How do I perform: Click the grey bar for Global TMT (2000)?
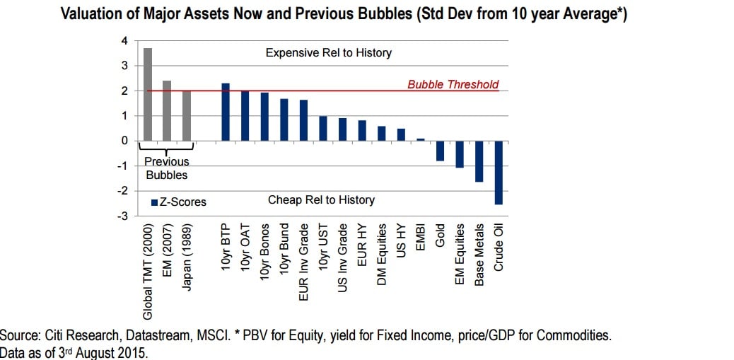tap(148, 94)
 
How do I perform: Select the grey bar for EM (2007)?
tap(168, 110)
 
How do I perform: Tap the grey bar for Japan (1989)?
tap(187, 115)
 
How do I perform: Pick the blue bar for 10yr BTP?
tap(226, 112)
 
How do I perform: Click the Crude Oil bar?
tap(499, 173)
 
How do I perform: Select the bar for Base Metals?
tap(479, 161)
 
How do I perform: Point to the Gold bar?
tap(440, 151)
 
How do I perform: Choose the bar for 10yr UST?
tap(323, 128)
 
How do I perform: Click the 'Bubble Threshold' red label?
tap(453, 85)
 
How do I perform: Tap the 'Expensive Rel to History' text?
tap(328, 53)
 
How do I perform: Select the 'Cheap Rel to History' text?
tap(321, 200)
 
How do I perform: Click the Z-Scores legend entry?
tap(179, 202)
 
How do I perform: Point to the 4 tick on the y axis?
tap(124, 41)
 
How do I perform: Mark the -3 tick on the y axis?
tap(122, 216)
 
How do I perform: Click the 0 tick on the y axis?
tap(124, 141)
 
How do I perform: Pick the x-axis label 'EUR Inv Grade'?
tap(304, 253)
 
